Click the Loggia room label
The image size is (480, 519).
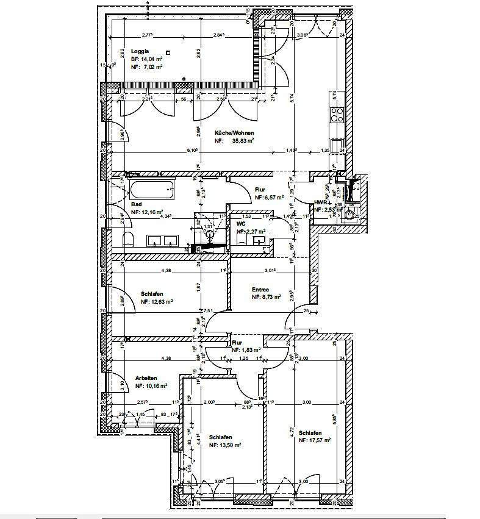point(140,52)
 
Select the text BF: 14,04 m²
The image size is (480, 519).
point(146,59)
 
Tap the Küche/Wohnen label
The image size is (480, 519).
point(234,132)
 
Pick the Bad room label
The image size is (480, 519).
point(136,204)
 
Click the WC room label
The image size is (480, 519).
point(241,224)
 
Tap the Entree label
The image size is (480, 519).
point(262,290)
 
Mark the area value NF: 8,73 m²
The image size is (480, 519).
point(266,297)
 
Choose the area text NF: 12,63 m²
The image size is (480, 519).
point(157,301)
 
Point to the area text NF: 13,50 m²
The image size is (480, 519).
point(225,445)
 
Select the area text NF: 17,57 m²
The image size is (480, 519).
point(315,440)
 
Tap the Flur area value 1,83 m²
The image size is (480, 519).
point(251,350)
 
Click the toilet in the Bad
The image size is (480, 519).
point(128,239)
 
